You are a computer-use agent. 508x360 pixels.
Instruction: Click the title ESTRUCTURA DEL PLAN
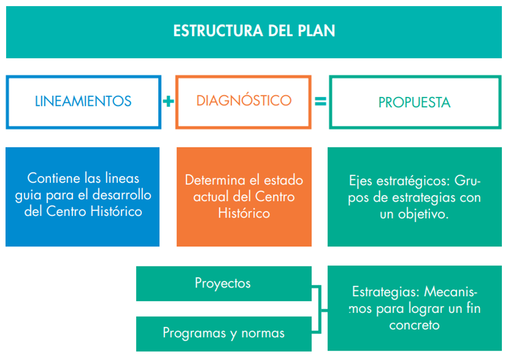tap(254, 31)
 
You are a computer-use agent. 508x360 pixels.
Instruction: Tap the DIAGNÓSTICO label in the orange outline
tap(243, 101)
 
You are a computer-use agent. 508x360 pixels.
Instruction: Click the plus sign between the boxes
tap(168, 101)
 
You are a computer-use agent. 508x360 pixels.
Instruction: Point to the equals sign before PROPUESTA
tap(320, 101)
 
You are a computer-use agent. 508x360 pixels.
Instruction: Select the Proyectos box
tap(224, 284)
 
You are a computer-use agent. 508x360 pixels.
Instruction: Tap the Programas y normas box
tap(224, 334)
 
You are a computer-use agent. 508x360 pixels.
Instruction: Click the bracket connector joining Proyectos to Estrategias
tap(320, 310)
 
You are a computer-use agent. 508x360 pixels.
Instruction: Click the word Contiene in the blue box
tap(54, 178)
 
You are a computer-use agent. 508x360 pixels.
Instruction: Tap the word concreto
tap(414, 325)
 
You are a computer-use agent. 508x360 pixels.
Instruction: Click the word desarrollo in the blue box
tap(122, 195)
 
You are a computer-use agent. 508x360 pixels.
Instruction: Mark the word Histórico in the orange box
tap(244, 213)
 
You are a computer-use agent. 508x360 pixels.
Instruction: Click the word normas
tap(263, 333)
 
